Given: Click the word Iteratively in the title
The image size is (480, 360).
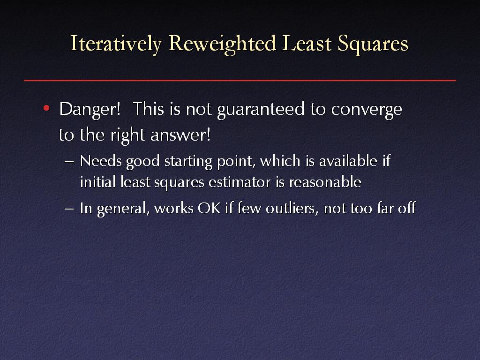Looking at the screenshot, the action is [x=116, y=44].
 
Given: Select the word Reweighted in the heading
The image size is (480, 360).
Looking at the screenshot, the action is [x=223, y=44].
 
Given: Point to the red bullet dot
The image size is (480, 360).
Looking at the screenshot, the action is [x=46, y=108].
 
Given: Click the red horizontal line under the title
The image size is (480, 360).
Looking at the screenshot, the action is [x=240, y=81].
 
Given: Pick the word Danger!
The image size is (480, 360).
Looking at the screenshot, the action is [x=90, y=109].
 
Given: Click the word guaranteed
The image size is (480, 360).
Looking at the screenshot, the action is [x=261, y=110].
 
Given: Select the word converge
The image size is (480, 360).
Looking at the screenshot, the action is [x=367, y=110].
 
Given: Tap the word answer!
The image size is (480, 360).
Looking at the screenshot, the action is [x=180, y=135].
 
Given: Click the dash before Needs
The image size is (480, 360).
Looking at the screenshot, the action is [x=69, y=162].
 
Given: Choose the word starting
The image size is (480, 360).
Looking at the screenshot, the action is [x=188, y=162].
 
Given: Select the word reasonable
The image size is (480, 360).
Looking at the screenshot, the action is [x=325, y=182].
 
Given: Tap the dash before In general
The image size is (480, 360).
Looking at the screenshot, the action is [x=69, y=209].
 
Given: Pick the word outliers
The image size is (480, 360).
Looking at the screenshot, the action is [x=292, y=208].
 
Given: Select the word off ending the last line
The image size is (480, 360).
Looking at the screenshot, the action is [x=406, y=208].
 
